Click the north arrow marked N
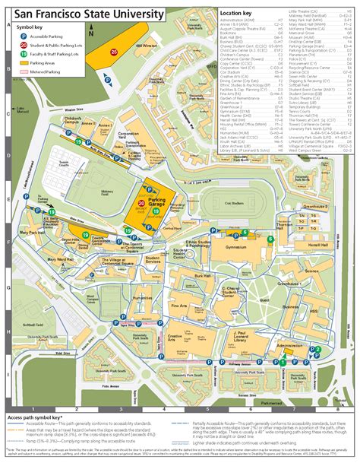pyautogui.click(x=90, y=30)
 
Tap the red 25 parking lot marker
pyautogui.click(x=114, y=52)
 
